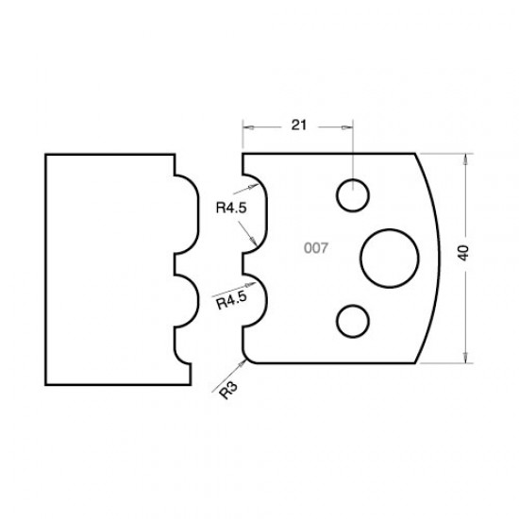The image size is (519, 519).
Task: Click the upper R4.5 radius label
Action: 230,209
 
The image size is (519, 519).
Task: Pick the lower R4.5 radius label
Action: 231,303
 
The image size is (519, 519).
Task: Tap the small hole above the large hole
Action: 352,195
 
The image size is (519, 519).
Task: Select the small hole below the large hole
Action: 352,320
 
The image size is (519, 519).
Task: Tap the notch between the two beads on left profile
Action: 176,258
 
